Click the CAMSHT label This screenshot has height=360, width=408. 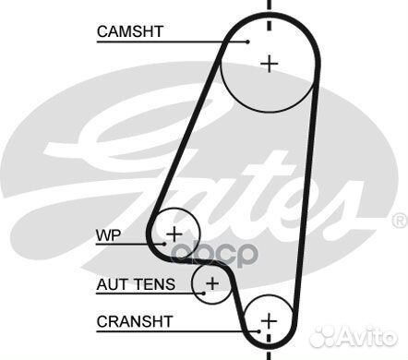pos(130,31)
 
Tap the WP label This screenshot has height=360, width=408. pos(109,234)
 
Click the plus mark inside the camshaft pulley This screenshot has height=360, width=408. pos(269,63)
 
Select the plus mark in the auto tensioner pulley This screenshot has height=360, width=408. pos(212,282)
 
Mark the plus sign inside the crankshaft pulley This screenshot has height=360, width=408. pos(269,320)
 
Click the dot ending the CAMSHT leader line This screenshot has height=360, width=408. pos(250,41)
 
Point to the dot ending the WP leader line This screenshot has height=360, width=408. pos(167,243)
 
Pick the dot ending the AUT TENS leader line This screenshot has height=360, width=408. pos(202,294)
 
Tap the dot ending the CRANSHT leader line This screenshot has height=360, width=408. pos(259,332)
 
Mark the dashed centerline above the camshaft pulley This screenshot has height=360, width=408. pos(269,14)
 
